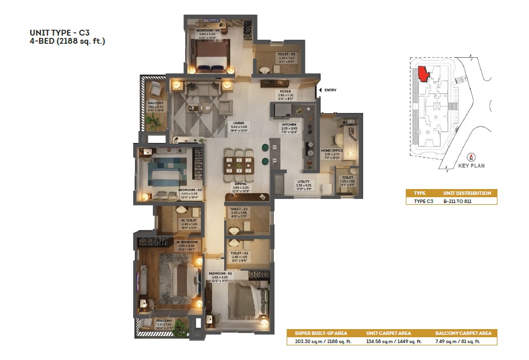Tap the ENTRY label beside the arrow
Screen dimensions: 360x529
tap(330, 90)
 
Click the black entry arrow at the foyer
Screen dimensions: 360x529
tap(318, 90)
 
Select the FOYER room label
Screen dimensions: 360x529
tap(286, 92)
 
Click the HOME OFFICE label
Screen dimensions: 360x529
tap(332, 151)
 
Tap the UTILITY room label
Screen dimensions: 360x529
tap(304, 181)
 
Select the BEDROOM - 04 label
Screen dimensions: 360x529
tap(207, 30)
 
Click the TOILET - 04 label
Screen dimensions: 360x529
tap(277, 54)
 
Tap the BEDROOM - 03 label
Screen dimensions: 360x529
tap(190, 190)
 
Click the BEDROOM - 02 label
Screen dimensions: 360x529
tap(221, 273)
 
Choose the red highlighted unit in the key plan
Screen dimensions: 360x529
tap(422, 74)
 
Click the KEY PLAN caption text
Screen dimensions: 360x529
tap(471, 165)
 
